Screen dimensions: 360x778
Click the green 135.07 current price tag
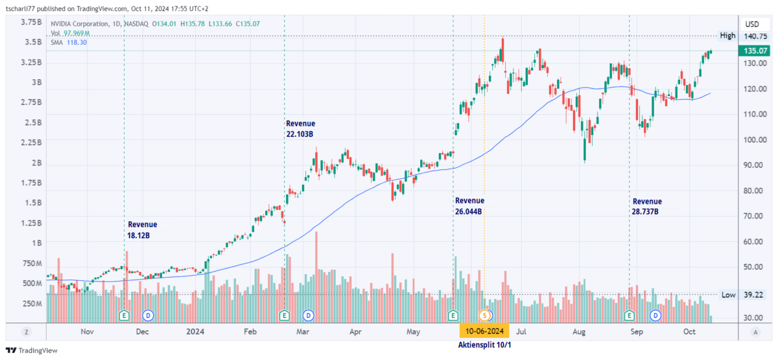[x=755, y=51]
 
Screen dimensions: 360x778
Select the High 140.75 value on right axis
[x=755, y=36]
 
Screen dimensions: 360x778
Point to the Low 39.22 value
[x=755, y=294]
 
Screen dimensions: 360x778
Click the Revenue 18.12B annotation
[x=142, y=230]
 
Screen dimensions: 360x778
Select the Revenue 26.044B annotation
[x=469, y=206]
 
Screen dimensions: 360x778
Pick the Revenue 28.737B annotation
[x=647, y=206]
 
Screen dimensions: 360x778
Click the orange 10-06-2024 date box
[x=484, y=330]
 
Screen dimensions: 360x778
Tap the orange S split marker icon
[x=484, y=315]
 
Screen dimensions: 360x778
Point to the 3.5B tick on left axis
[x=30, y=42]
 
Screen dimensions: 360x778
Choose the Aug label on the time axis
[x=580, y=331]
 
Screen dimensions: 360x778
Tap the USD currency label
[x=752, y=23]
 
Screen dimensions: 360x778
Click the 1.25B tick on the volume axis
[x=29, y=222]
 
